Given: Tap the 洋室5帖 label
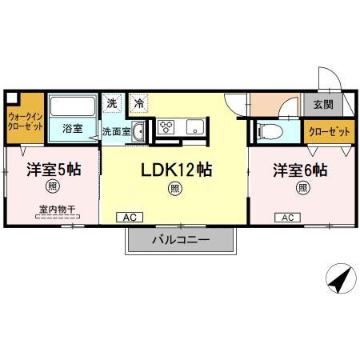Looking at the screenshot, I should [52, 170].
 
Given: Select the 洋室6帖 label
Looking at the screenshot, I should [299, 170].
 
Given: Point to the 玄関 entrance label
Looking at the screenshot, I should [323, 103].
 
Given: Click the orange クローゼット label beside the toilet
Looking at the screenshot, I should [322, 131].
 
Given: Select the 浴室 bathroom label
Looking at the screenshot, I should [72, 126].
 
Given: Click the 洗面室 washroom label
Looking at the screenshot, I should [116, 132].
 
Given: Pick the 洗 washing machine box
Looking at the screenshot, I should [113, 102].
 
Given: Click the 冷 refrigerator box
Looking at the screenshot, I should [139, 102].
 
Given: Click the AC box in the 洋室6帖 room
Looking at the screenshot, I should [287, 217].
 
